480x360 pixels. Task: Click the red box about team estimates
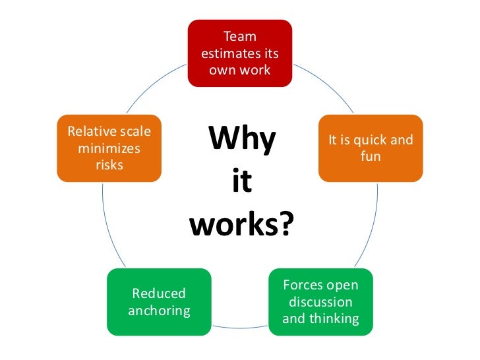coord(239,53)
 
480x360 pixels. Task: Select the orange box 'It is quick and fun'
coord(370,148)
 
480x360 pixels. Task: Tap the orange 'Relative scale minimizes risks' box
coord(109,148)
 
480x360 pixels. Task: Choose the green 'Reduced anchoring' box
coord(159,302)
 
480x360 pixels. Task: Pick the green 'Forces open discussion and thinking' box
coord(320,302)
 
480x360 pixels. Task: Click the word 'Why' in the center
coord(242,140)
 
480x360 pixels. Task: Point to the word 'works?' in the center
coord(241,225)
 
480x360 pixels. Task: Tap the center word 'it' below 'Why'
coord(242,183)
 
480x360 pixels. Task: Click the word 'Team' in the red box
coord(240,37)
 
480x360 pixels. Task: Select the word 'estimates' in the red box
coord(231,53)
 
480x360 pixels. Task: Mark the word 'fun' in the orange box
coord(371,157)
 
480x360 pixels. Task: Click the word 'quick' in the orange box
coord(370,140)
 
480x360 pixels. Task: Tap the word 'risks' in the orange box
coord(109,165)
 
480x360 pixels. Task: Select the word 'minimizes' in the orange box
coord(109,148)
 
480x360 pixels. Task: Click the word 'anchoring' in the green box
coord(159,310)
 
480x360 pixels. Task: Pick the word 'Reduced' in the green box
coord(159,293)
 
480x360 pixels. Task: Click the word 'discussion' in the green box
coord(320,302)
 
